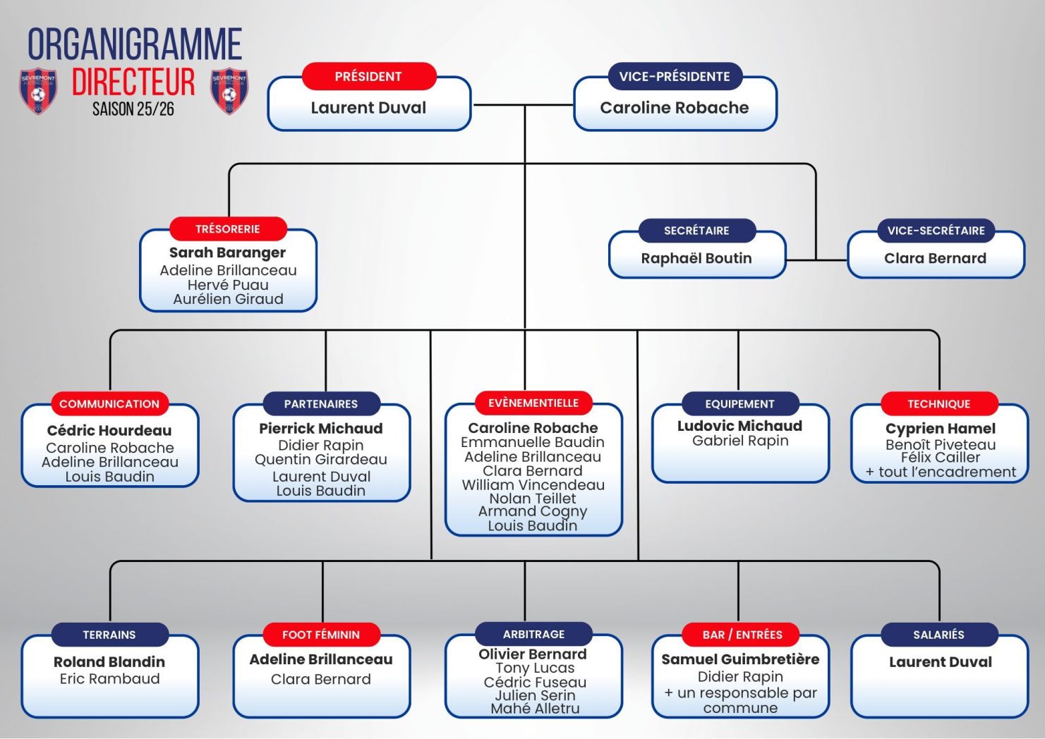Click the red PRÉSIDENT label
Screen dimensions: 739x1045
368,76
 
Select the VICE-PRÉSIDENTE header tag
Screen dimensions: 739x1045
675,76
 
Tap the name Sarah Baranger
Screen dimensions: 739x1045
227,252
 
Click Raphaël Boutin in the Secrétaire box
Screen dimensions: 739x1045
696,258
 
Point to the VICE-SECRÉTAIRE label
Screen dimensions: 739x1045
936,231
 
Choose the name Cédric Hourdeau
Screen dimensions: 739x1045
109,430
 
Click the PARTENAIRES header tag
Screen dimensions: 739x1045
321,404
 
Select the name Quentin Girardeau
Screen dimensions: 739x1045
321,460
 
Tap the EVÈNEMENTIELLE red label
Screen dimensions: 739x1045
533,403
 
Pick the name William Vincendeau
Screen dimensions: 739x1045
533,485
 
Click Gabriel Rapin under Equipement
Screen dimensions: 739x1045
740,441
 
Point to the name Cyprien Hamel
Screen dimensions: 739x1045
941,429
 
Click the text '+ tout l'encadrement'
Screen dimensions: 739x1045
941,472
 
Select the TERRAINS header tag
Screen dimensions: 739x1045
109,635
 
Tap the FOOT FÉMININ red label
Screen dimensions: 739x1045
321,635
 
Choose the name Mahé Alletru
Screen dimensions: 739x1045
535,709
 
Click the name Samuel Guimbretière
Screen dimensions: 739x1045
740,659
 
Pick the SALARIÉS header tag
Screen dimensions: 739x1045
938,635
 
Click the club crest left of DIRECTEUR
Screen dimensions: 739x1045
38,90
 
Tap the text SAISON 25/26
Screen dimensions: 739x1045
133,109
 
